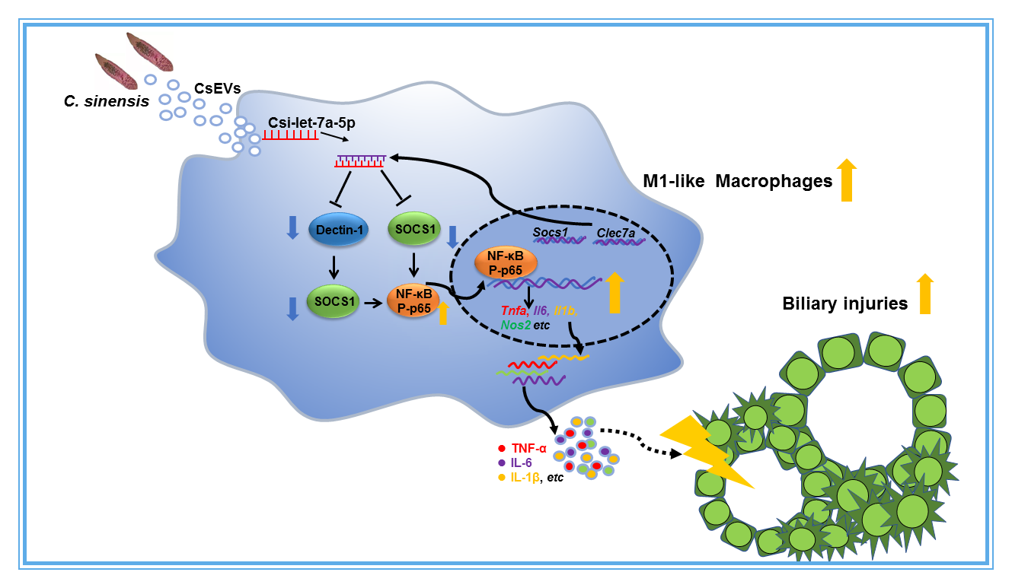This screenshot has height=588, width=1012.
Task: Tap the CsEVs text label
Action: click(x=217, y=87)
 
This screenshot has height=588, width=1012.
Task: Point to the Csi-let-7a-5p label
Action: click(x=311, y=122)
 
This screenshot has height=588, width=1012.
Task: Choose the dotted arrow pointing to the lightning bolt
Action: click(x=647, y=443)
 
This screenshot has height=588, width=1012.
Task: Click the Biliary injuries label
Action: click(x=844, y=304)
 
